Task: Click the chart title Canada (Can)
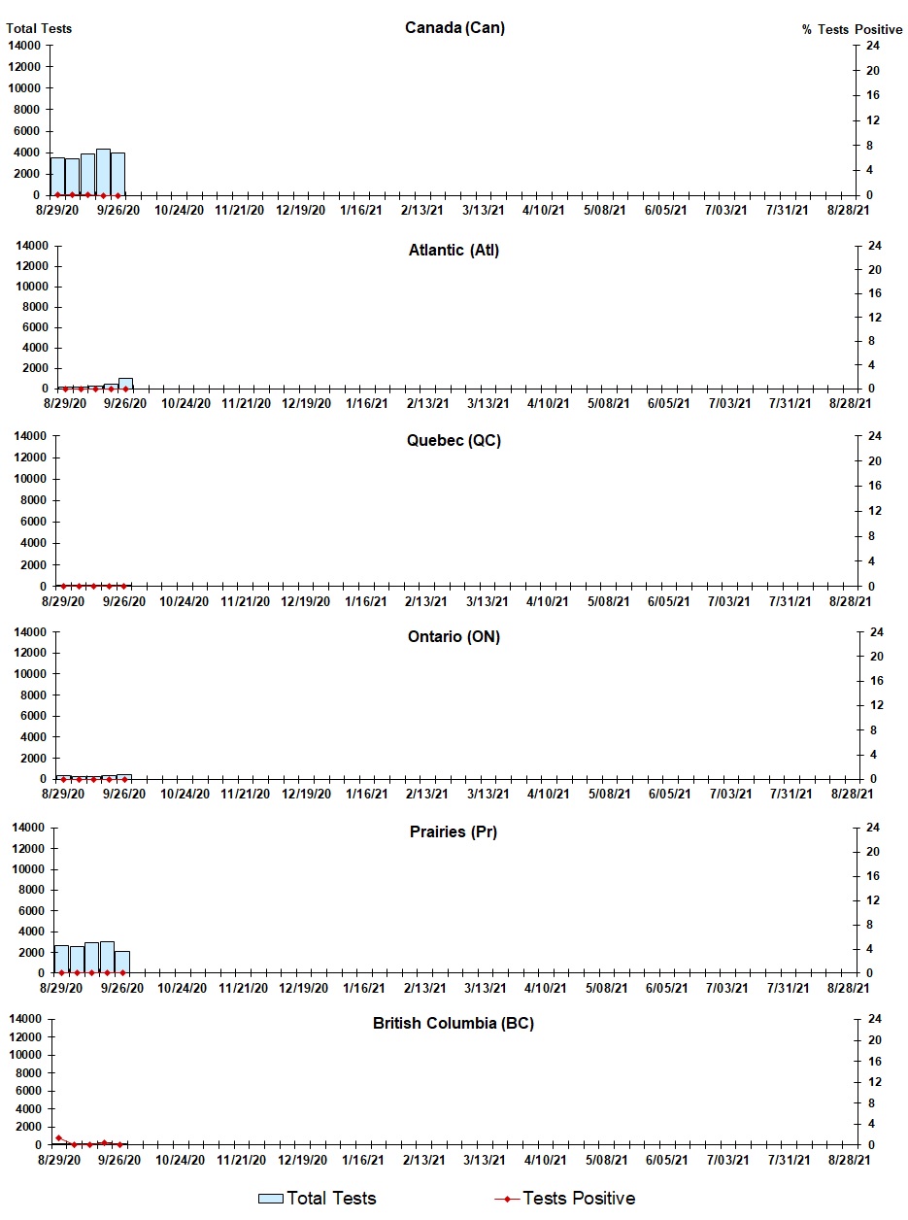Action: pyautogui.click(x=454, y=27)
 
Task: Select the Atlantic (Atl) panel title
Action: pyautogui.click(x=454, y=251)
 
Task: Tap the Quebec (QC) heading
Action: pyautogui.click(x=454, y=441)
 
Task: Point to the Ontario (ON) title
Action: pyautogui.click(x=454, y=637)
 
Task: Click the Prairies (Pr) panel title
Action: pyautogui.click(x=454, y=832)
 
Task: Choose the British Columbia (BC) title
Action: pyautogui.click(x=454, y=1024)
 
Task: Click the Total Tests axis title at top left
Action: pyautogui.click(x=39, y=28)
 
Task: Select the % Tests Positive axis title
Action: pyautogui.click(x=852, y=29)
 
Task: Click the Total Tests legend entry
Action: pyautogui.click(x=318, y=1199)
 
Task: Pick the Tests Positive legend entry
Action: pyautogui.click(x=565, y=1199)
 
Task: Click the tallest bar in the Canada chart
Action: pyautogui.click(x=103, y=172)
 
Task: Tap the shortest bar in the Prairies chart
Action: pyautogui.click(x=122, y=962)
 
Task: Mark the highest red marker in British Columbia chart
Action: pyautogui.click(x=58, y=1137)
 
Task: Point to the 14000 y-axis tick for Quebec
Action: pyautogui.click(x=29, y=436)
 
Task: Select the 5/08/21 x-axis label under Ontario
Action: pyautogui.click(x=609, y=794)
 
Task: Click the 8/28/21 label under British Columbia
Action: pyautogui.click(x=848, y=1160)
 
